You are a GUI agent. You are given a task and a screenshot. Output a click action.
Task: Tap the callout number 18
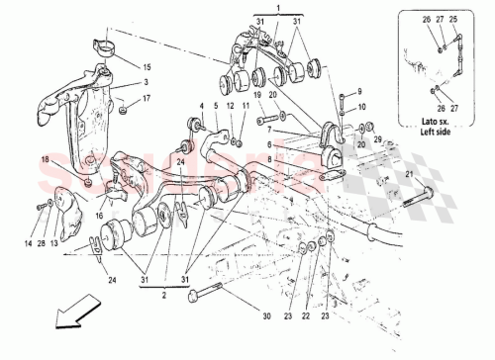pos(45,158)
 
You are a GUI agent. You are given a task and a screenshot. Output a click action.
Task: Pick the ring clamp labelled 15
pos(103,45)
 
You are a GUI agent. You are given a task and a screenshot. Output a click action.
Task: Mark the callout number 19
pos(257,95)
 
